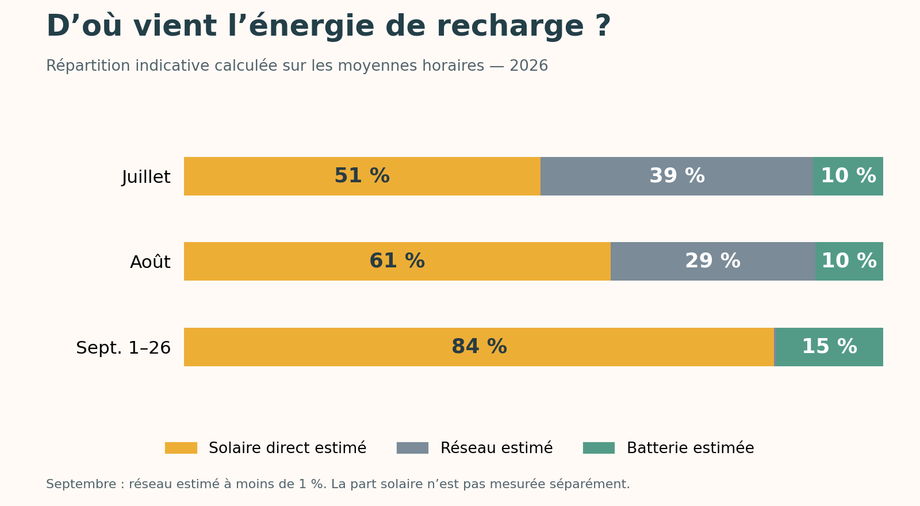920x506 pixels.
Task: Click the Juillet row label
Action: pos(146,177)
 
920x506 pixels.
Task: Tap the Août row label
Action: pos(150,262)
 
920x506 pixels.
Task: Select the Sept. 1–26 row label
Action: pos(123,348)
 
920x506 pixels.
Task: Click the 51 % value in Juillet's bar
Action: pos(362,176)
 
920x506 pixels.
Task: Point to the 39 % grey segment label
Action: pos(677,176)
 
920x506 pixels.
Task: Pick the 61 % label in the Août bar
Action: pos(397,261)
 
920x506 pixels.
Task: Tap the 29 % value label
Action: pos(712,261)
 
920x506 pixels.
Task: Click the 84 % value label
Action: pos(479,347)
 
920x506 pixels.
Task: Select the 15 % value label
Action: pos(829,347)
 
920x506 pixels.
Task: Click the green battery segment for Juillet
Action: pos(848,176)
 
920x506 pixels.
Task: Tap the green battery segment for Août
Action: pos(849,261)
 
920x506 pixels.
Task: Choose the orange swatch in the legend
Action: pos(181,448)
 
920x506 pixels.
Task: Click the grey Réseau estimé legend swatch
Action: pos(412,448)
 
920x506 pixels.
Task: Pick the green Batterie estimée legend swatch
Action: pos(599,448)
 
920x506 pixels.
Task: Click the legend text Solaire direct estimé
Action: pos(287,448)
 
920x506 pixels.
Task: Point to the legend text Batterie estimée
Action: pos(691,448)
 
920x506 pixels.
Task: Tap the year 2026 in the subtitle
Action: pos(529,66)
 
